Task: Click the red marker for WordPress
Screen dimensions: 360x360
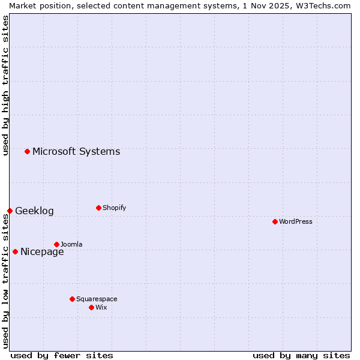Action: pos(275,221)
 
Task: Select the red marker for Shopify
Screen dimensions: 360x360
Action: pos(98,208)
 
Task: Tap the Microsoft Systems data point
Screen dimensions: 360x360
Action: pos(27,151)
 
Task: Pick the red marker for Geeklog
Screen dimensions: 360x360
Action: pos(10,211)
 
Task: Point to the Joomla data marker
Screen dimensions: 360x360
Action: pos(56,244)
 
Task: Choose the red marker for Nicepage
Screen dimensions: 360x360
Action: pos(15,251)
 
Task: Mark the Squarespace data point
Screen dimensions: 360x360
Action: pos(72,299)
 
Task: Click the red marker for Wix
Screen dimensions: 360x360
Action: pos(91,307)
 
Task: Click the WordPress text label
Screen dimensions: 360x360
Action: pos(296,221)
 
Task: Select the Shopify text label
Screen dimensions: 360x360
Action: pos(115,208)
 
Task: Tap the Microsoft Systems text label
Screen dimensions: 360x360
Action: pos(76,151)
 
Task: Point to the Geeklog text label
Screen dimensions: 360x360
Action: pos(34,211)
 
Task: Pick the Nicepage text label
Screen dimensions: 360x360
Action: pos(42,251)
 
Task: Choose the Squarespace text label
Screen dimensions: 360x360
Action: pos(97,299)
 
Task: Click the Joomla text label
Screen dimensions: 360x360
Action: pos(71,244)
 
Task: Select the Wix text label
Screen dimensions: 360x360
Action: pos(101,307)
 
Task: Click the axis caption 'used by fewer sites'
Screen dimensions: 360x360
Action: pos(62,355)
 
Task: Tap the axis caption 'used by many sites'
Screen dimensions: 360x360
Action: pos(301,355)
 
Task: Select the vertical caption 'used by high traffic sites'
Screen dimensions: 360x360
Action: pos(5,85)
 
